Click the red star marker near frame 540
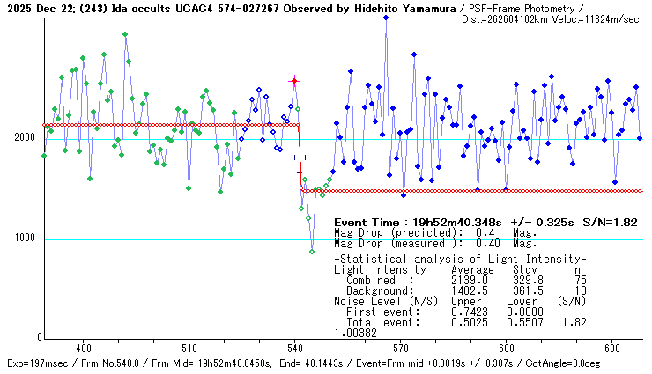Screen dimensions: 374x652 (294, 81)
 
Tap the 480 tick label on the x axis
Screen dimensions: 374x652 (83, 348)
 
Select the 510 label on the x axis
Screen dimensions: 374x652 (189, 348)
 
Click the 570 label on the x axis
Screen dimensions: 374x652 (400, 348)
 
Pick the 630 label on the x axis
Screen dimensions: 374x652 (611, 348)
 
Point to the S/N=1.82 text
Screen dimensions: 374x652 (610, 223)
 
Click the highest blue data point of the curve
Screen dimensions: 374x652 (386, 18)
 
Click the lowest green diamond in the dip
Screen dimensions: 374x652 (312, 252)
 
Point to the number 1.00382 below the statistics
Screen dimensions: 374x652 (356, 333)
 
